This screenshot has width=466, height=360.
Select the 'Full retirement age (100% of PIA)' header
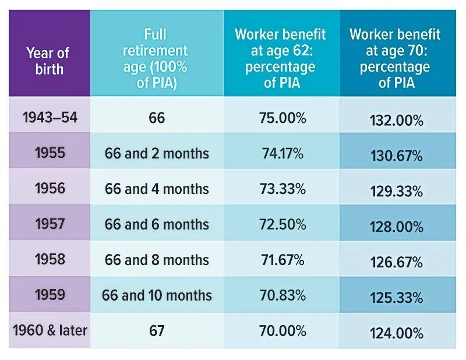pos(156,58)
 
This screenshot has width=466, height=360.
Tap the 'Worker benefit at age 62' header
pos(281,58)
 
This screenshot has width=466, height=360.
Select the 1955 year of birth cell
pos(49,153)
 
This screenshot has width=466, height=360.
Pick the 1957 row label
pos(49,224)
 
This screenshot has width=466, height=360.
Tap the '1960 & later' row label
pos(50,331)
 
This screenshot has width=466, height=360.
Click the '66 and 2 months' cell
pos(157,154)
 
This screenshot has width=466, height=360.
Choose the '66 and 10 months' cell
pos(157,295)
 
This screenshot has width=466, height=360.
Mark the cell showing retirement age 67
pos(157,331)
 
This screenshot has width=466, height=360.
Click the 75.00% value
pos(282,118)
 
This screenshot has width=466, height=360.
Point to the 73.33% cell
pos(282,189)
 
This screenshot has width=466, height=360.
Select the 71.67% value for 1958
pos(282,260)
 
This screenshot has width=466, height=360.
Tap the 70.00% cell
pos(282,331)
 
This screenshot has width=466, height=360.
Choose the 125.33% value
pos(396,298)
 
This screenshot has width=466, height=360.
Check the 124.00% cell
pos(396,334)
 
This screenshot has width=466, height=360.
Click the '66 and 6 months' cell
pos(157,224)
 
